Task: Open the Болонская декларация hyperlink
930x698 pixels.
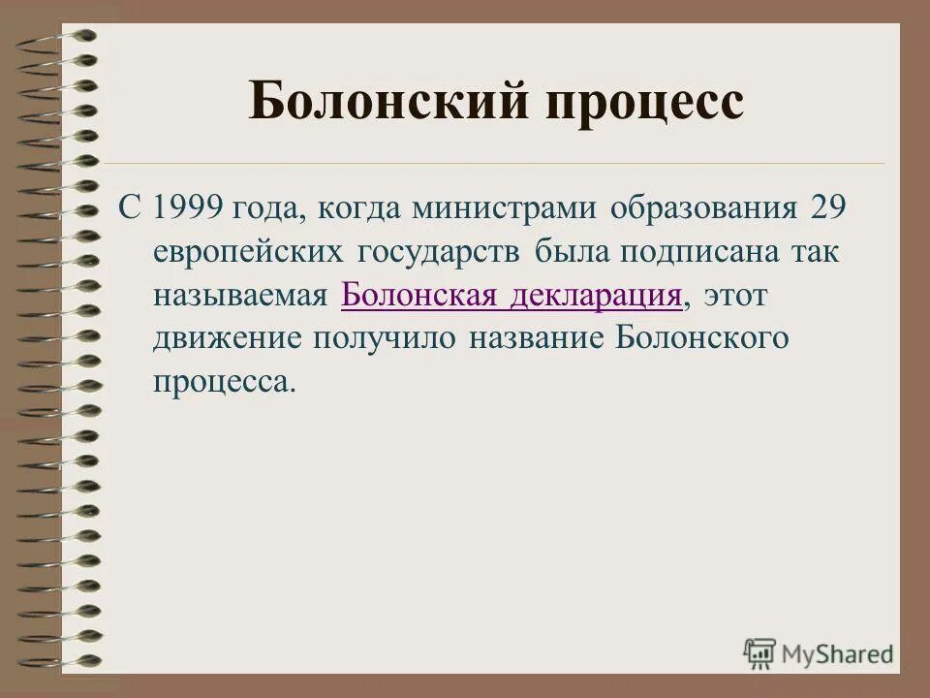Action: [x=511, y=295]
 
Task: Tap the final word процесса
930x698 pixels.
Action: [x=222, y=381]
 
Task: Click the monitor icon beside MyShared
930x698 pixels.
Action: [x=760, y=653]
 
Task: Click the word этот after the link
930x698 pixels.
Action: [x=735, y=295]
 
